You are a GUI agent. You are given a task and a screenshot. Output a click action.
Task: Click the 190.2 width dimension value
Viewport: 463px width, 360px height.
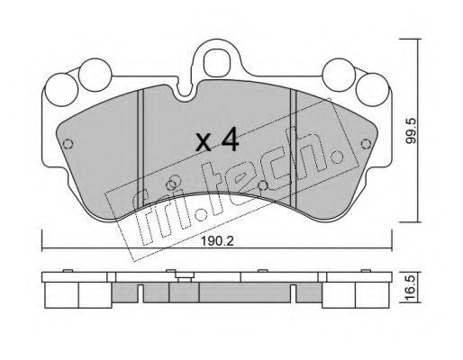[217, 241]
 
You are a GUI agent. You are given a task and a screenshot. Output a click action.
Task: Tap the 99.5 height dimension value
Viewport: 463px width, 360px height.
[411, 130]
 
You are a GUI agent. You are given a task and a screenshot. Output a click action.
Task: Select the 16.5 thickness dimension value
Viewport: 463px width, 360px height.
[411, 288]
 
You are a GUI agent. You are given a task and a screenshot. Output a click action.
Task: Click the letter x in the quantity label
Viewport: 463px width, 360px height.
[204, 142]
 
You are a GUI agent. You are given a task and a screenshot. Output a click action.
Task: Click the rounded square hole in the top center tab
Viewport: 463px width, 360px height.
[216, 63]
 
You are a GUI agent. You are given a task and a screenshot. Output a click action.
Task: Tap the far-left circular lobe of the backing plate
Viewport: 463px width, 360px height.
[61, 90]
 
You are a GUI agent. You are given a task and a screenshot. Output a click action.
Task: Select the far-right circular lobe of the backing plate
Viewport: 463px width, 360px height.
[372, 90]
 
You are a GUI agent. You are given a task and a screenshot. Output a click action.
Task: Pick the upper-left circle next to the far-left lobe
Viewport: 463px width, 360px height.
[95, 75]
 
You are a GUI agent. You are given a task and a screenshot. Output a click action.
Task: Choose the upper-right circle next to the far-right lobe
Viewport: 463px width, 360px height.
[339, 75]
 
